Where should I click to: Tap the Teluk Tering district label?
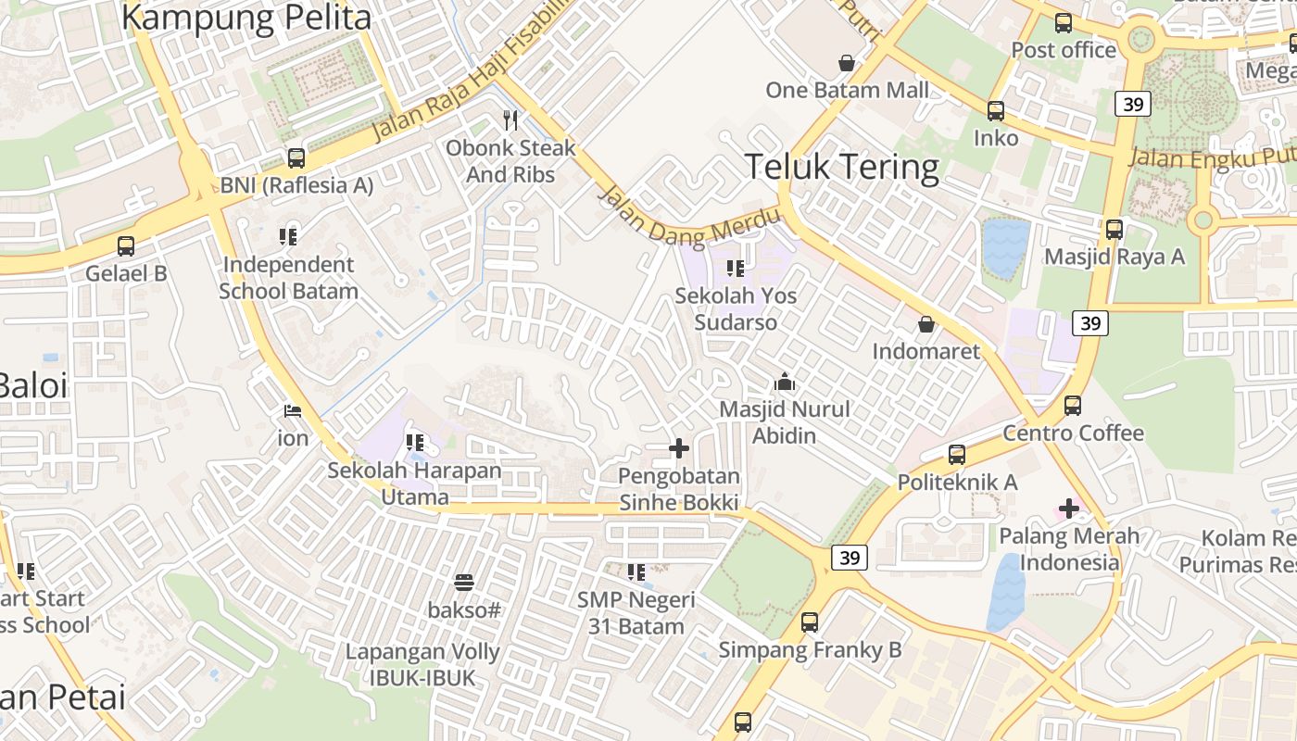click(841, 168)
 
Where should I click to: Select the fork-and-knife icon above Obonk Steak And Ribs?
click(510, 119)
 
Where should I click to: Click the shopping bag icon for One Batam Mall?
click(846, 63)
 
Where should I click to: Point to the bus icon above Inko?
click(996, 111)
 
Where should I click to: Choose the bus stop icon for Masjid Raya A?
click(1114, 229)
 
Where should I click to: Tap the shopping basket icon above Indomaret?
click(926, 324)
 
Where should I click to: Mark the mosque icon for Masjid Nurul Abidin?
click(784, 382)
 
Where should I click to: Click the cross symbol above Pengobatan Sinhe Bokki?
click(679, 449)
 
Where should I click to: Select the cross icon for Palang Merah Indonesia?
click(1069, 509)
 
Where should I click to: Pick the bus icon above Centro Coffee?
click(1073, 406)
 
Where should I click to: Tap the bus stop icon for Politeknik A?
click(957, 455)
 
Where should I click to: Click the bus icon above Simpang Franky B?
click(810, 622)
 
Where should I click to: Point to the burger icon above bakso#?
click(464, 583)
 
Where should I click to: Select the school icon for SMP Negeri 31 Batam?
click(636, 572)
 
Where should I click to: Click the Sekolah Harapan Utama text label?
click(414, 484)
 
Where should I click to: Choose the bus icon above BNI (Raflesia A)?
click(296, 157)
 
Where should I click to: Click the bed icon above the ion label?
click(293, 410)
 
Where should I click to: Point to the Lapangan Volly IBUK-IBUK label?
click(422, 664)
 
